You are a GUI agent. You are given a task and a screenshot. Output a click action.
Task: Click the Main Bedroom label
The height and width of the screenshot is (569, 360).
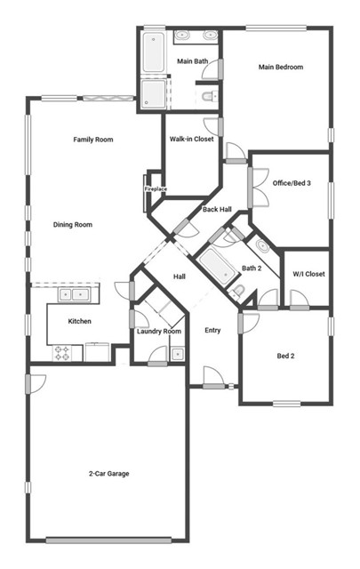click(281, 67)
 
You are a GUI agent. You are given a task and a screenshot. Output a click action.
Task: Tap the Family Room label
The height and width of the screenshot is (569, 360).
click(93, 139)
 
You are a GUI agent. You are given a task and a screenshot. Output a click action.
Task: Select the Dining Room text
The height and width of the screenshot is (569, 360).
click(72, 225)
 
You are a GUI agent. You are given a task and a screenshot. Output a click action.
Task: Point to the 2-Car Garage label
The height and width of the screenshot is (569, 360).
click(108, 474)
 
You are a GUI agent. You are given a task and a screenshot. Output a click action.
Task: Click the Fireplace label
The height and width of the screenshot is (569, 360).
click(156, 188)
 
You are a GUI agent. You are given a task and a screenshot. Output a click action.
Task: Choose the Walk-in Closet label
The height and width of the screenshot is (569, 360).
click(191, 139)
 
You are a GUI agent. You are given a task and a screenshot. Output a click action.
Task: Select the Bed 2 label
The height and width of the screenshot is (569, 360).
click(285, 356)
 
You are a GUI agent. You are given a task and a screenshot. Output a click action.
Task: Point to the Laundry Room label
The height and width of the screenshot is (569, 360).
click(159, 332)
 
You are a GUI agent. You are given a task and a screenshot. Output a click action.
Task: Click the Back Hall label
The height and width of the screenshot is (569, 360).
click(217, 210)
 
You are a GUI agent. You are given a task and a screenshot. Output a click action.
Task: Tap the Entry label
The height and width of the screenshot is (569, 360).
click(212, 331)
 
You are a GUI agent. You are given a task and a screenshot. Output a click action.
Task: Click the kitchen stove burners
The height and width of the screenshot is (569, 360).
click(64, 353)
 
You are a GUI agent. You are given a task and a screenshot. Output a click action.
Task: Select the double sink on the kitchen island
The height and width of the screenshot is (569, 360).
click(74, 294)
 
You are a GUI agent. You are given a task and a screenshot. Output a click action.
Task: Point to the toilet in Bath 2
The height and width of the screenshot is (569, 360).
click(238, 291)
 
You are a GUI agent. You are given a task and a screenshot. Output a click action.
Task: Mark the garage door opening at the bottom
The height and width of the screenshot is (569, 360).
click(108, 539)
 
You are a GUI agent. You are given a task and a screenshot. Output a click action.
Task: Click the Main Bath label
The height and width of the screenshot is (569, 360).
click(193, 61)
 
